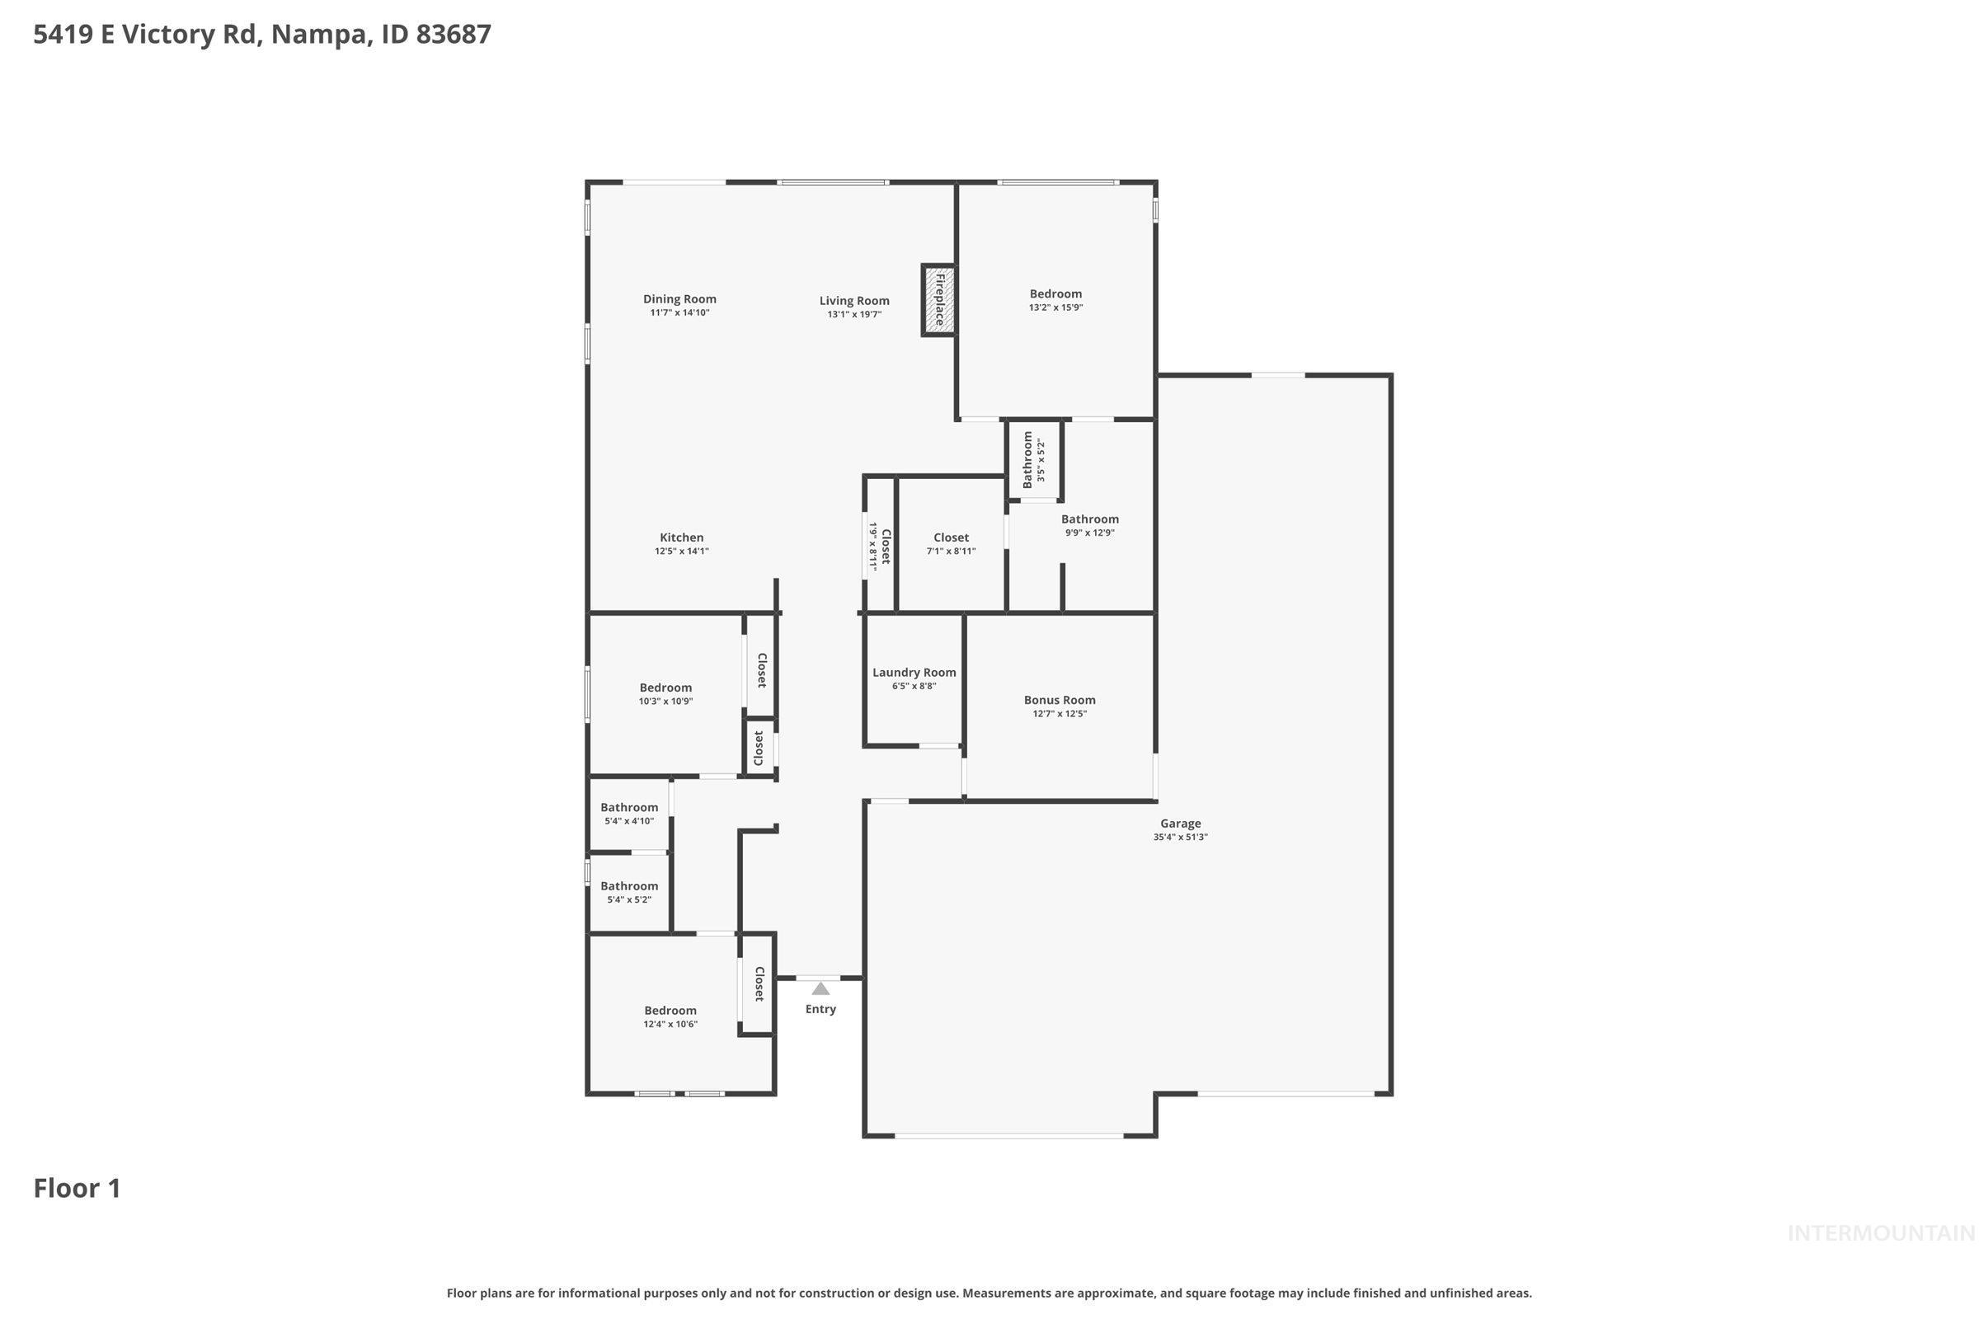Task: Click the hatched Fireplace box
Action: tap(939, 300)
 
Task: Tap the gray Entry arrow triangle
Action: tap(820, 988)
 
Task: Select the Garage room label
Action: tap(1180, 824)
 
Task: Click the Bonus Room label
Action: tap(1060, 700)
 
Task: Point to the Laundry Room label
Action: tap(914, 672)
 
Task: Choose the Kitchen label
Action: tap(682, 537)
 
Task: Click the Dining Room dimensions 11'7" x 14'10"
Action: tap(679, 313)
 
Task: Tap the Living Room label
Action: tap(854, 300)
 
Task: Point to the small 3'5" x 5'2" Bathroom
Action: tap(1033, 459)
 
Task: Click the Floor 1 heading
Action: tap(77, 1188)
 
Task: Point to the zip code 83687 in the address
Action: tap(454, 35)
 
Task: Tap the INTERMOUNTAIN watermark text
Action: tap(1880, 1233)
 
